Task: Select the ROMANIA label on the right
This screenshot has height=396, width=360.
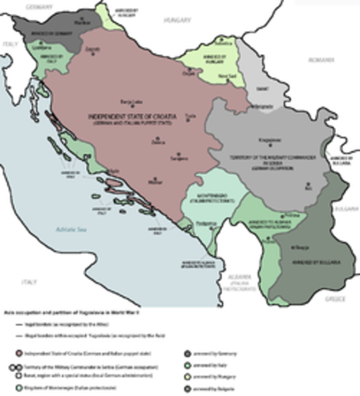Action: pyautogui.click(x=318, y=60)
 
